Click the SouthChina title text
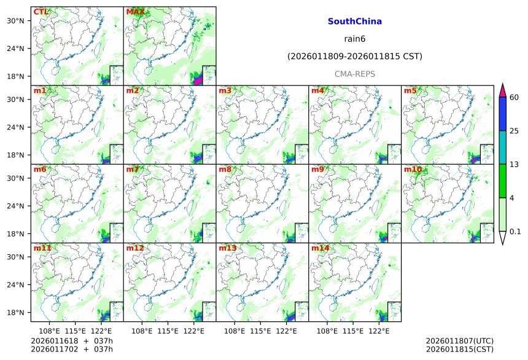(354, 22)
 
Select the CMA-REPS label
(354, 74)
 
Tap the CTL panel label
(41, 12)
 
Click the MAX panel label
(134, 12)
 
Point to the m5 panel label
(410, 91)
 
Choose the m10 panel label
(412, 170)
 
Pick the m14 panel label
(319, 248)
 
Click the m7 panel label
(133, 170)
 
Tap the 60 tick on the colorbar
(514, 97)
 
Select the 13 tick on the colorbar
(514, 164)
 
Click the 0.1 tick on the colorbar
(515, 232)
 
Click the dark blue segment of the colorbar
(502, 114)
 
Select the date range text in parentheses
(354, 57)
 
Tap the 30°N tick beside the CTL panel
(15, 21)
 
